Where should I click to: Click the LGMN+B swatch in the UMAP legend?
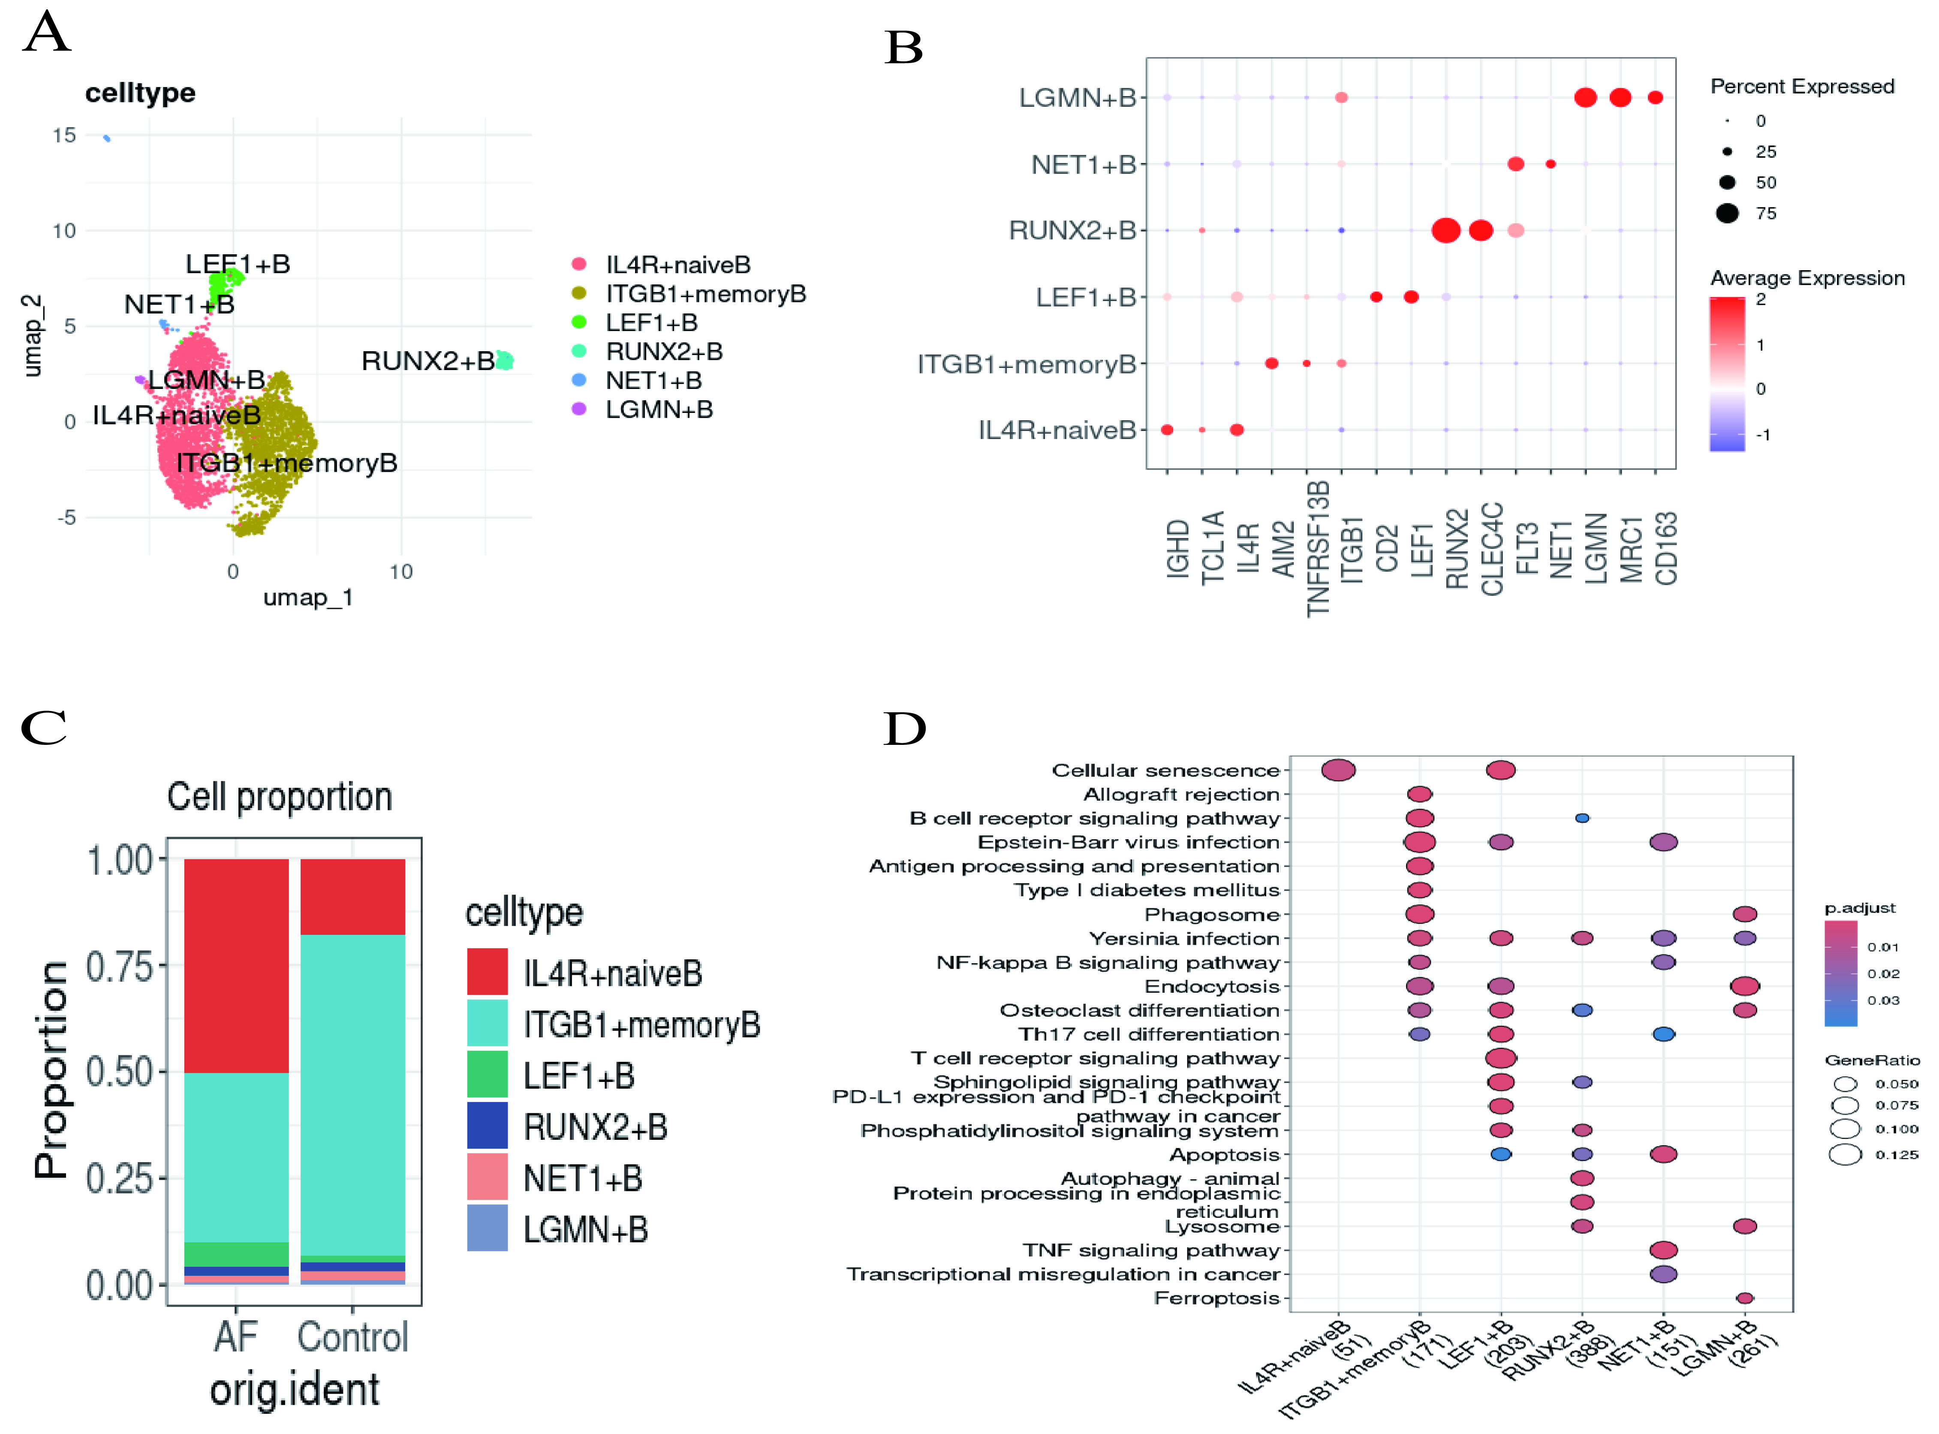[x=579, y=409]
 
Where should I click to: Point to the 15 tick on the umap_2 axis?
[x=64, y=136]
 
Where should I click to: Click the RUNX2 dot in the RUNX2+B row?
[x=1445, y=231]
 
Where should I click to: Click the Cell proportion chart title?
[x=280, y=797]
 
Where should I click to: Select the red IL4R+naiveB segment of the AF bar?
[x=236, y=965]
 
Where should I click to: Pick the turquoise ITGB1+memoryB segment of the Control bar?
[x=352, y=1094]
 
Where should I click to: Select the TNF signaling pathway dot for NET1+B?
[x=1663, y=1250]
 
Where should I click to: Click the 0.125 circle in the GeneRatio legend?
[x=1845, y=1154]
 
